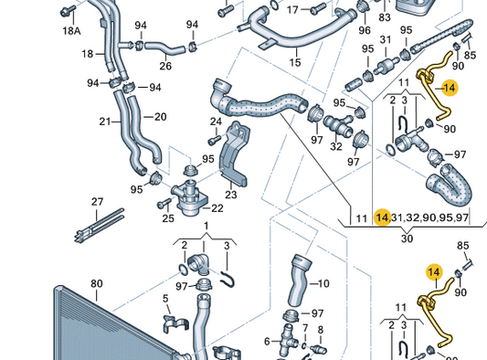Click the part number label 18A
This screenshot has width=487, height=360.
(72, 31)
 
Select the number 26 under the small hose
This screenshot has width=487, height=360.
(165, 66)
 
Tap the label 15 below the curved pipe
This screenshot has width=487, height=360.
(295, 62)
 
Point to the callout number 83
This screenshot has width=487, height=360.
(385, 17)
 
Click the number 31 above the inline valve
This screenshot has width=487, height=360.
(386, 40)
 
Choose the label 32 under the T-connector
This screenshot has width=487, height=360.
(336, 146)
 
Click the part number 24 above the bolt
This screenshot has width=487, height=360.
(216, 122)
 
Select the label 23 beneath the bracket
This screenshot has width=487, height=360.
(231, 195)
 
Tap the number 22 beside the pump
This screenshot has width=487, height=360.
(217, 208)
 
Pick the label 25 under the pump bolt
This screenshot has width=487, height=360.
(168, 218)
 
